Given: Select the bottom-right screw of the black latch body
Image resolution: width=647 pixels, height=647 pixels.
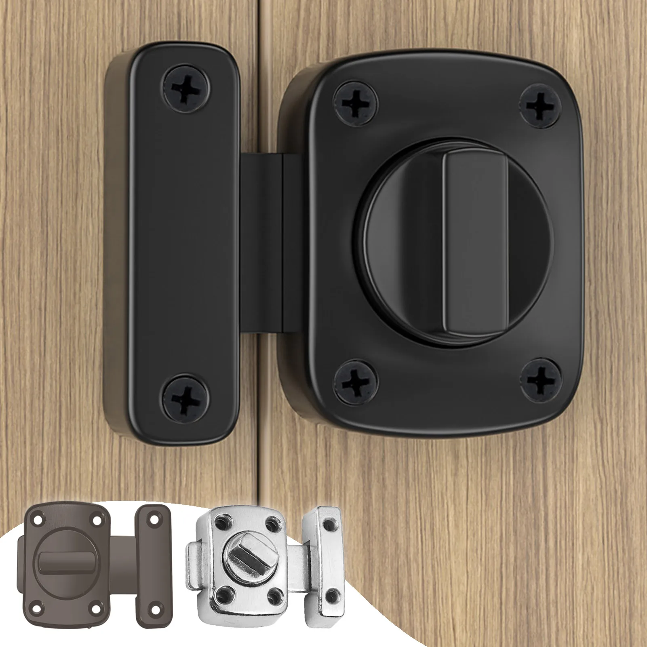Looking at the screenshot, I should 541,380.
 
